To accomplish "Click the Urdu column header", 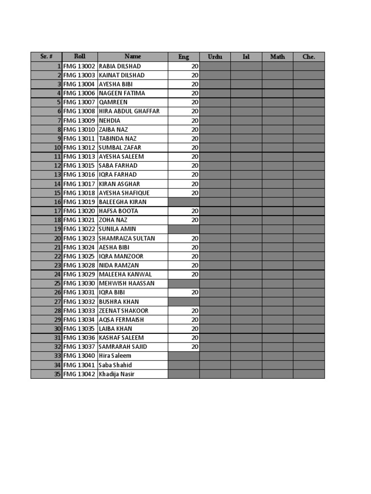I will click(215, 57).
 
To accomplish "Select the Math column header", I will click(277, 57).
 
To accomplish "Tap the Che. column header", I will click(309, 57).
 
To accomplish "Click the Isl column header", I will click(246, 57).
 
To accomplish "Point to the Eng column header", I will click(184, 57).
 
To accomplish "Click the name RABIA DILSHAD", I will click(119, 66).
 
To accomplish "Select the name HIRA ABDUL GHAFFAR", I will click(129, 111).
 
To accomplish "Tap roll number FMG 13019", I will click(79, 202).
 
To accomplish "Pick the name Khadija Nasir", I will click(116, 374).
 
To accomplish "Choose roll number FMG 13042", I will click(79, 374).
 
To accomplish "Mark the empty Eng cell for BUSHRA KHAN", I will click(184, 302).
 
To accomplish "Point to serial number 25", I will click(57, 284).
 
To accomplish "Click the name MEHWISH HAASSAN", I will click(127, 284).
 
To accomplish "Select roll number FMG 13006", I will click(79, 93).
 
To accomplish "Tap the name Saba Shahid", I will click(115, 365).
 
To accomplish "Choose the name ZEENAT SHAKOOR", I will click(124, 311).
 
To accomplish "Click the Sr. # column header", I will click(46, 57).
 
